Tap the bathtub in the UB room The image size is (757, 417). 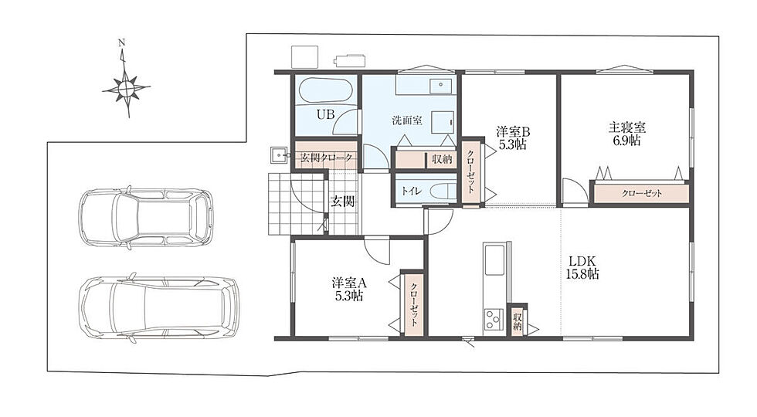tap(325, 90)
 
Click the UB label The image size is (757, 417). tap(325, 114)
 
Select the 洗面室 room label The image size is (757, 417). tap(407, 120)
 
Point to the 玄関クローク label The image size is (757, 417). tap(326, 158)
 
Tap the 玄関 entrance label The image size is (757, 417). tap(342, 202)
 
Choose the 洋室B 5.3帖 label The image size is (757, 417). tap(513, 137)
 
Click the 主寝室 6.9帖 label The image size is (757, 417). tap(626, 134)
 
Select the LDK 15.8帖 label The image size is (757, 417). tap(582, 267)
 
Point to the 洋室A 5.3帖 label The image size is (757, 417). tap(349, 289)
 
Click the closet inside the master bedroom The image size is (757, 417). tap(641, 193)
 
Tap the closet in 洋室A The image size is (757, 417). tap(414, 304)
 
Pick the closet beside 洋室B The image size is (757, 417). tap(471, 171)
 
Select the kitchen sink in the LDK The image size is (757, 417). tap(494, 261)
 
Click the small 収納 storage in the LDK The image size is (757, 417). tap(517, 321)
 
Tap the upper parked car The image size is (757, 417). tap(146, 218)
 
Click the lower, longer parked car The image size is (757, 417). tap(159, 308)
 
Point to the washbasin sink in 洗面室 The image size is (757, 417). tap(440, 84)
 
